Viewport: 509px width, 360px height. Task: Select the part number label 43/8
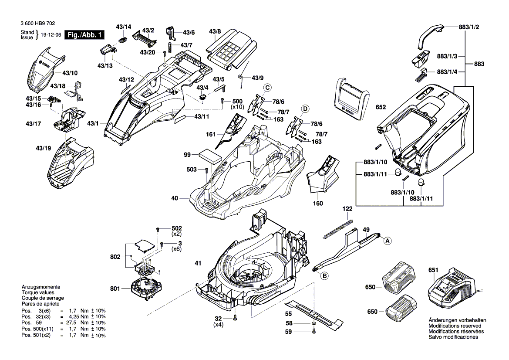pyautogui.click(x=215, y=31)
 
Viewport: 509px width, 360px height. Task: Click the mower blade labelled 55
pyautogui.click(x=313, y=314)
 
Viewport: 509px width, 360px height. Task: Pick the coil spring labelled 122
pyautogui.click(x=338, y=229)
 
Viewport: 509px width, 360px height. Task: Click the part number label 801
pyautogui.click(x=115, y=288)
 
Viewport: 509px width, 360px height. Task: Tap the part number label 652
pyautogui.click(x=381, y=107)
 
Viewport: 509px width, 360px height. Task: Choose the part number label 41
pyautogui.click(x=198, y=263)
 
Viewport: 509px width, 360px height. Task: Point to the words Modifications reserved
pyautogui.click(x=455, y=326)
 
